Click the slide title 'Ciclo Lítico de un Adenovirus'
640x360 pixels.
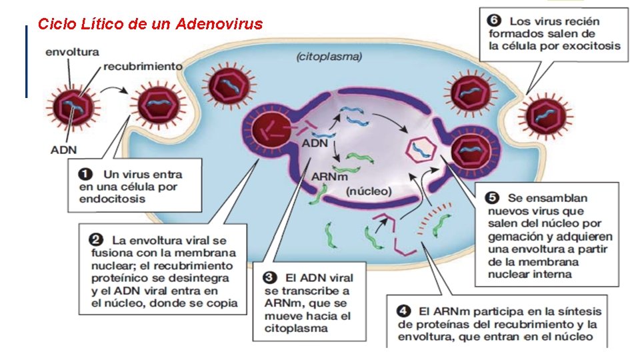(150, 25)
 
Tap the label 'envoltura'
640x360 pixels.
(72, 51)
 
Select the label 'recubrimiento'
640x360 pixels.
(143, 67)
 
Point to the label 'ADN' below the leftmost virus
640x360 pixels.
(64, 149)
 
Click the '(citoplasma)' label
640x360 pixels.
(329, 57)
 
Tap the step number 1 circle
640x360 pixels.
(85, 174)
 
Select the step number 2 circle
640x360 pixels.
(95, 238)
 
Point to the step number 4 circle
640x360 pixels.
(404, 311)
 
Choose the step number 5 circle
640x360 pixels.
(492, 197)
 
